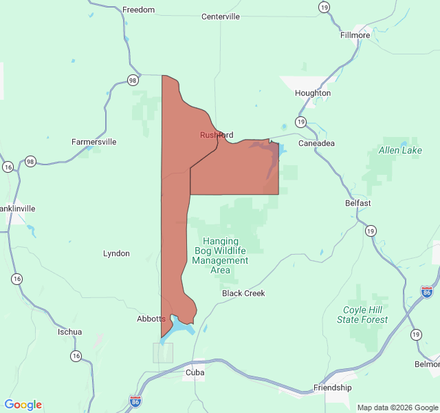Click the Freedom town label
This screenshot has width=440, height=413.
tap(138, 10)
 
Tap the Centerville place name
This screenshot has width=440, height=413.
tap(220, 17)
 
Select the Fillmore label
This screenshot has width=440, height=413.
tap(355, 35)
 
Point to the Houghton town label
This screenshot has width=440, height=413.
tap(313, 93)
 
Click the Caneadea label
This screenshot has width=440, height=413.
tap(316, 143)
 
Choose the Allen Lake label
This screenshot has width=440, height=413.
tap(400, 150)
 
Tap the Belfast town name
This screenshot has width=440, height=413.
tap(357, 203)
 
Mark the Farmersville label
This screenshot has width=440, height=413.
tap(94, 142)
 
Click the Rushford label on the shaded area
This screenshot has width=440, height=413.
tap(217, 135)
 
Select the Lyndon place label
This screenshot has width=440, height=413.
tap(116, 253)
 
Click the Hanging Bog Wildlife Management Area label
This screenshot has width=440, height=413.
tap(220, 255)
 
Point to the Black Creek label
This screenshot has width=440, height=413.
tap(243, 293)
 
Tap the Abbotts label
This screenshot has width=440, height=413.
tap(151, 319)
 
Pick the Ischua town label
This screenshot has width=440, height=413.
tap(69, 332)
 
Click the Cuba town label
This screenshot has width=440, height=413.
tap(195, 372)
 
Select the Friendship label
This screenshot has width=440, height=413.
tap(332, 388)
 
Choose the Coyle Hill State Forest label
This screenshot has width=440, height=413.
tap(362, 315)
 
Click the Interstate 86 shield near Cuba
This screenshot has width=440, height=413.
tap(135, 401)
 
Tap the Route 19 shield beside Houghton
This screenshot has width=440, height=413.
tap(300, 122)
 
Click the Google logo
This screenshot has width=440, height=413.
tap(23, 405)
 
